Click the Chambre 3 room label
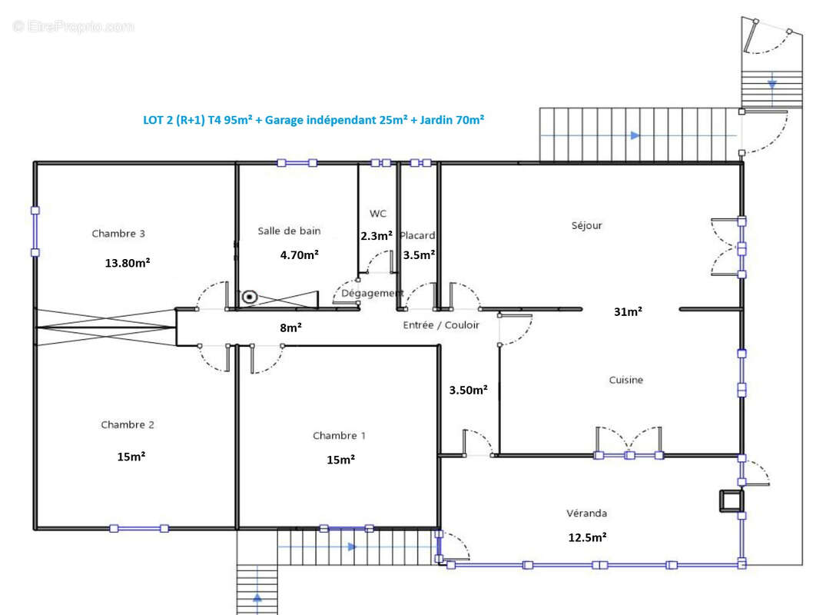pos(118,234)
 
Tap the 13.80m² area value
pos(128,262)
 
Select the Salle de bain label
pos(289,231)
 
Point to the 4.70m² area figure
pos(300,255)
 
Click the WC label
pos(378,214)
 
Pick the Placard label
pos(417,235)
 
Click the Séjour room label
pos(586,225)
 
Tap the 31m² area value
pos(628,311)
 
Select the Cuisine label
pos(626,380)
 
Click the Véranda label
pos(586,513)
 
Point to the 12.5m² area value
pos(587,537)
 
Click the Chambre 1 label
pos(339,436)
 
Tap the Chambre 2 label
pos(128,424)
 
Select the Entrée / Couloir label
pos(441,325)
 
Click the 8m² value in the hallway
pos(290,327)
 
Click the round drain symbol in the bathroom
pos(250,297)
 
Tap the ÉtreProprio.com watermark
pos(74,26)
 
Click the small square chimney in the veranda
pos(731,500)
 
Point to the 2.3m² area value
pos(377,236)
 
